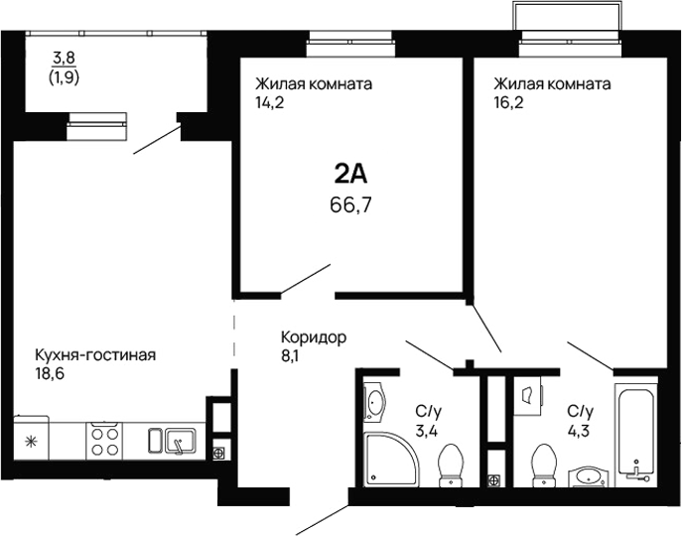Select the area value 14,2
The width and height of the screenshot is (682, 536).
tap(270, 101)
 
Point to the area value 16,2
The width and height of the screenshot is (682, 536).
tap(507, 101)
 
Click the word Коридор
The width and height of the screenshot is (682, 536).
tap(313, 337)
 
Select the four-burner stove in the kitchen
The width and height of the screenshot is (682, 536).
tap(105, 438)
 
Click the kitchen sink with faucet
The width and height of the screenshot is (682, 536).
tap(175, 438)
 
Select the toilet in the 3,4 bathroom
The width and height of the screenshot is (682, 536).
tap(452, 464)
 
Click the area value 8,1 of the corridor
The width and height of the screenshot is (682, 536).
tap(291, 355)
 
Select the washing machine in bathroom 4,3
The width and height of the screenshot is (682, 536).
tap(528, 395)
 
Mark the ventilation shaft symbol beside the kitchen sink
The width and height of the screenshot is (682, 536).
tap(218, 453)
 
